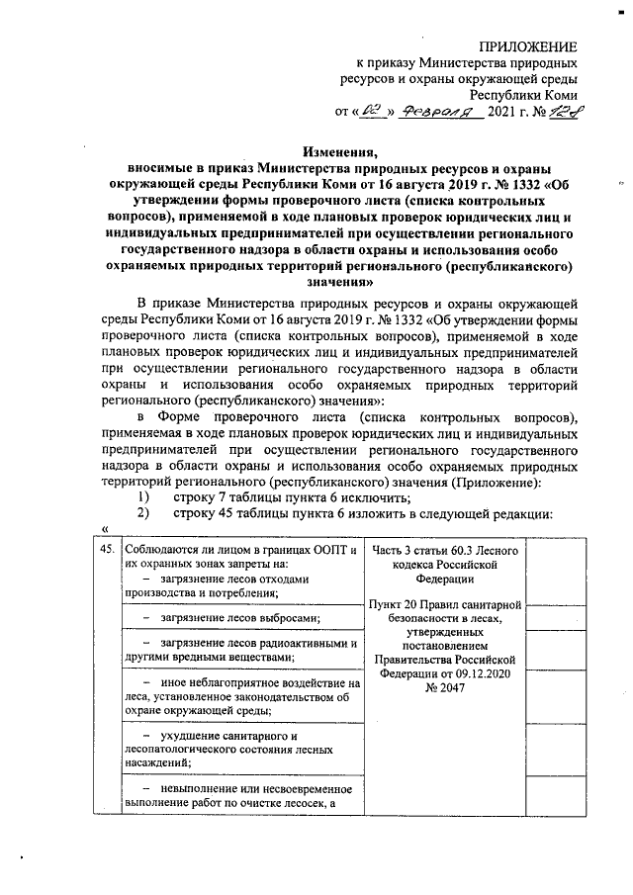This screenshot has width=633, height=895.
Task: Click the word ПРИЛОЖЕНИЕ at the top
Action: pos(528,45)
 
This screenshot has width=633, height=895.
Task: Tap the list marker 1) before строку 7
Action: pos(143,496)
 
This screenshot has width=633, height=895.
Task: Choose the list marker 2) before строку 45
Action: pos(143,513)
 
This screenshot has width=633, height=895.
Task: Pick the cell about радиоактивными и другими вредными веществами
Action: pos(237,651)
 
